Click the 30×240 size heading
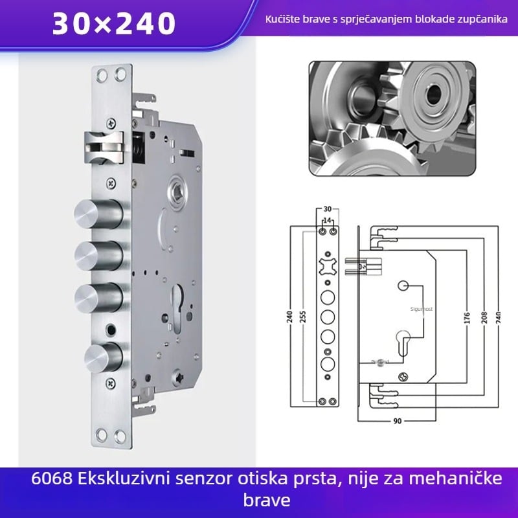114,24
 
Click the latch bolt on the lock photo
104,146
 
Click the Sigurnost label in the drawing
421,310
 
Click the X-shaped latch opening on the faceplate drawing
326,267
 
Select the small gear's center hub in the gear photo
432,91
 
